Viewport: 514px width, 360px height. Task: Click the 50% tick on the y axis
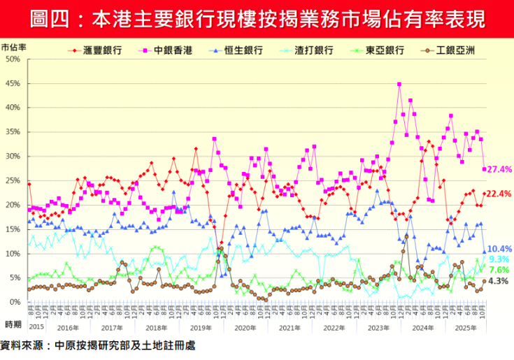[x=13, y=59]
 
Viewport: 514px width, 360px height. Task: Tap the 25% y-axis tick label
[x=13, y=180]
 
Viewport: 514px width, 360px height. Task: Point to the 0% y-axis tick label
[x=15, y=302]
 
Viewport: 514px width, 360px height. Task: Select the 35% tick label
[x=13, y=132]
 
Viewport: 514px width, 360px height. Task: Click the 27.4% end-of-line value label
[x=500, y=169]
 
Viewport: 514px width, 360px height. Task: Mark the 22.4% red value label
[x=500, y=194]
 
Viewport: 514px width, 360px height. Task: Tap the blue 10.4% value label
[x=500, y=249]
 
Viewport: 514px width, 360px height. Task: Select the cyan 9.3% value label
[x=500, y=259]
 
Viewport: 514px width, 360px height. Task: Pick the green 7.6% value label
[x=500, y=270]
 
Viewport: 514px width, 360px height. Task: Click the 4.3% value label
[x=500, y=281]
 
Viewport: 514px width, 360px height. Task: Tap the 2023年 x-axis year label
[x=378, y=327]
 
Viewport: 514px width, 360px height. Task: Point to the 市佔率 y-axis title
[x=14, y=48]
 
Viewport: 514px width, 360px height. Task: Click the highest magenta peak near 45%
[x=399, y=84]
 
